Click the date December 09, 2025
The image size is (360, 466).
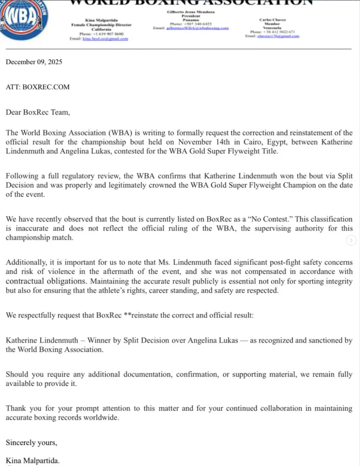click(x=34, y=62)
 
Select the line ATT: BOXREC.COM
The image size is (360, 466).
click(x=38, y=87)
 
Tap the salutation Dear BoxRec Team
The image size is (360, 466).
click(x=38, y=112)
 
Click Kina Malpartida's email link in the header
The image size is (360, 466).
click(x=105, y=39)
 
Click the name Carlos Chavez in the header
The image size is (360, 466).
click(x=273, y=19)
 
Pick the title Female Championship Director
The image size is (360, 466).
click(x=101, y=25)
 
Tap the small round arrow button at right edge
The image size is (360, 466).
click(x=352, y=240)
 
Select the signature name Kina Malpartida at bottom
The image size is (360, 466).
click(x=33, y=461)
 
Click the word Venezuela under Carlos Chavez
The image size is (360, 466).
click(x=272, y=28)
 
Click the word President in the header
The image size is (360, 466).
click(x=191, y=16)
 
